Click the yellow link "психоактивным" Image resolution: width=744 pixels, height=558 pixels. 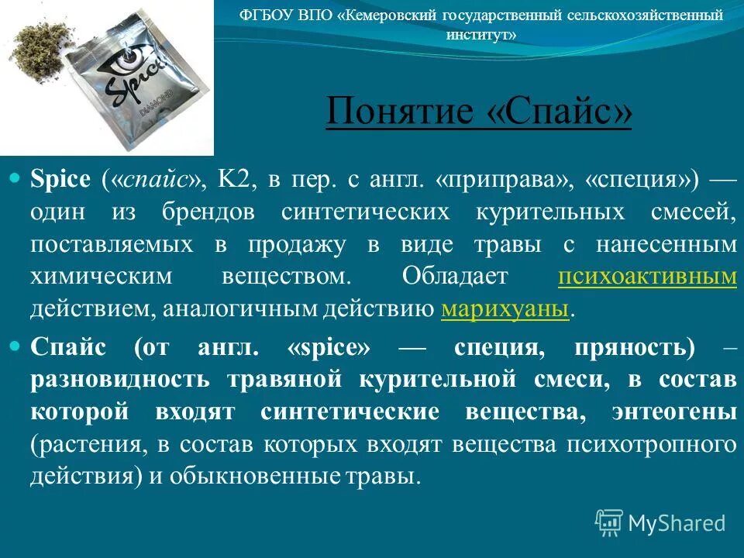(x=646, y=277)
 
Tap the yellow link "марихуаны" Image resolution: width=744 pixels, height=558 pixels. (x=505, y=309)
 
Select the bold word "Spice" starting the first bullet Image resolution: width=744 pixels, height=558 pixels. (x=60, y=179)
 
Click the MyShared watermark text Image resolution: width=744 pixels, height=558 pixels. (x=677, y=522)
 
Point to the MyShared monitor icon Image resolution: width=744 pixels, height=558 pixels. (x=609, y=522)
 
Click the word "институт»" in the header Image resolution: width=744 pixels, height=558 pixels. (x=480, y=35)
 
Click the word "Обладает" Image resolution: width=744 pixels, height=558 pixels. (x=455, y=277)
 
